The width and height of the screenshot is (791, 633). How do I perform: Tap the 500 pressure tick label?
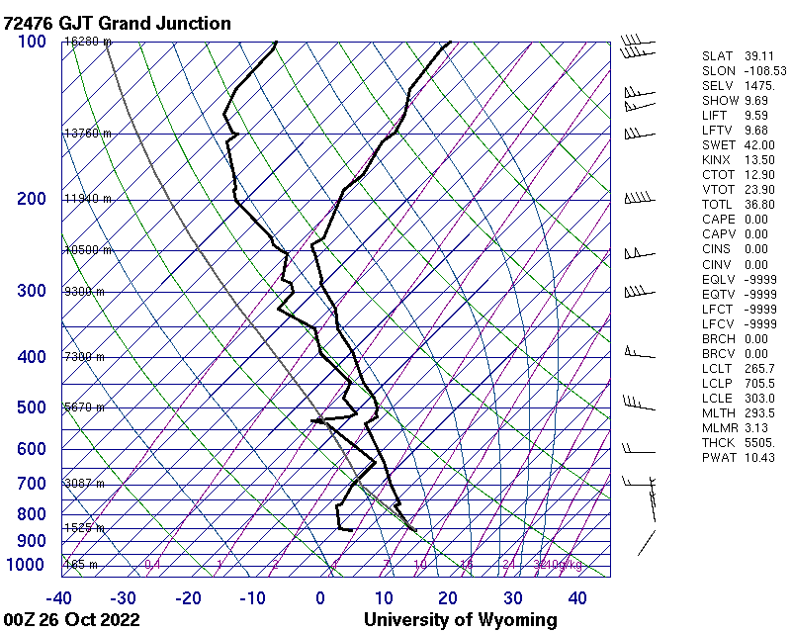(x=32, y=407)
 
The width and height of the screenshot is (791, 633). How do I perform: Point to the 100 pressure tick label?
(x=32, y=42)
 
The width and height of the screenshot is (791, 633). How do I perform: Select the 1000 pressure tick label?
(x=27, y=565)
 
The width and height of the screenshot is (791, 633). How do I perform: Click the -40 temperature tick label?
(x=59, y=597)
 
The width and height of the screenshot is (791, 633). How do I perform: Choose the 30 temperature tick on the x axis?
(x=513, y=597)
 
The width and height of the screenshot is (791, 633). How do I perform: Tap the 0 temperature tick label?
(x=320, y=597)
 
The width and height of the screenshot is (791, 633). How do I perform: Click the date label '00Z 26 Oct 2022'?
(x=71, y=620)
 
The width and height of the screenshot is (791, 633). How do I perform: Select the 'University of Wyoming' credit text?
(x=461, y=620)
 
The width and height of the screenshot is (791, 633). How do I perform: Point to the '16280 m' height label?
(x=87, y=42)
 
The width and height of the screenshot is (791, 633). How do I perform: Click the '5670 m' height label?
(x=84, y=407)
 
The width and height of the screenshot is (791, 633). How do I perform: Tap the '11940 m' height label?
(x=87, y=199)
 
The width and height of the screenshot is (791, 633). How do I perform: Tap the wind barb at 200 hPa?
(x=641, y=199)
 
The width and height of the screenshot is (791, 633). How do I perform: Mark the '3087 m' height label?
(x=84, y=483)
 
